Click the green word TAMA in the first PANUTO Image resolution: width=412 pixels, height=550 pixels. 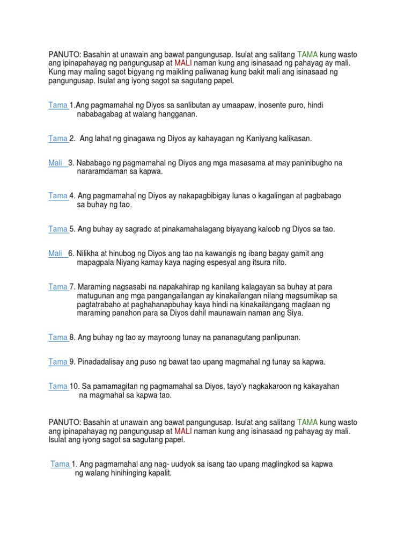click(x=307, y=55)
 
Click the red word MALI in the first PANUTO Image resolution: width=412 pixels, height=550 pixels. click(x=183, y=63)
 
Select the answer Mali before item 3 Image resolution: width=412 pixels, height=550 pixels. click(x=55, y=163)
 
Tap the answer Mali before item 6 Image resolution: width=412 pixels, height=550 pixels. click(x=55, y=254)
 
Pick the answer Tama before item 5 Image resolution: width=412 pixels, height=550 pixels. click(x=57, y=229)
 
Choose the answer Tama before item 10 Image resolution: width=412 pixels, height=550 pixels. click(x=57, y=386)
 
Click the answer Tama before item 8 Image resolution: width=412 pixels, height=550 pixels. click(x=57, y=337)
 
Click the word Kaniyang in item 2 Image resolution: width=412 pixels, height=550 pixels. click(x=261, y=139)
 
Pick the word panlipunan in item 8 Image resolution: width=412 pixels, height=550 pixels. click(x=277, y=337)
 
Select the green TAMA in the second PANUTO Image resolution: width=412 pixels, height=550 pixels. click(x=307, y=423)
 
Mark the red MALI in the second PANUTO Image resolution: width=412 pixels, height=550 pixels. click(x=183, y=431)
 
